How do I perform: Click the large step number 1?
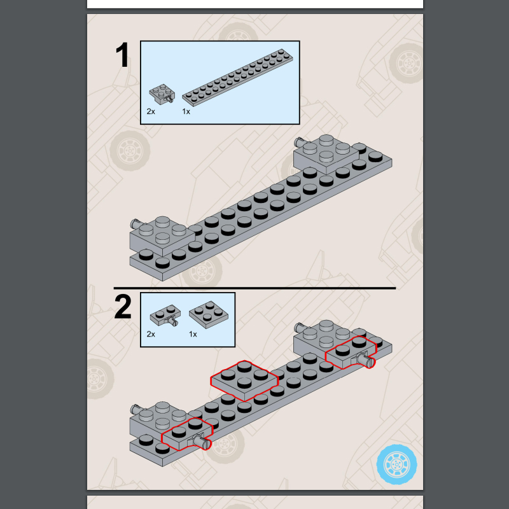point(122,56)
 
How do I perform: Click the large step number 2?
point(123,307)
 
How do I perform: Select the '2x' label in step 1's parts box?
point(151,111)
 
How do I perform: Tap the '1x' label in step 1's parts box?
point(186,111)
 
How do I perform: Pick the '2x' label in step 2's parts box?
point(151,333)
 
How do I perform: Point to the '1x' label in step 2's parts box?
point(193,333)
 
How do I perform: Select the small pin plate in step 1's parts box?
point(162,94)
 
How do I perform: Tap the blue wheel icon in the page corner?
point(396,463)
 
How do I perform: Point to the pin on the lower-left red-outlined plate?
point(205,443)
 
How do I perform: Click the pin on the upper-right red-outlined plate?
point(368,360)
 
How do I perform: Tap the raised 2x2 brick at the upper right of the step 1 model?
point(323,153)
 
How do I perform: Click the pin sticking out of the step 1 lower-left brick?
point(134,223)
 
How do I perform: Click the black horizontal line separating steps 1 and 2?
point(254,288)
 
